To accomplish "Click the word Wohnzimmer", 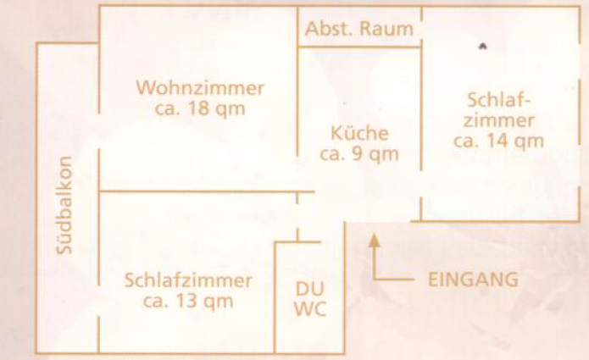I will (200, 88).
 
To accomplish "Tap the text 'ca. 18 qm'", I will (200, 108).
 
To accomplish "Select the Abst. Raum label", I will (359, 28).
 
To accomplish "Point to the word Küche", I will (359, 133).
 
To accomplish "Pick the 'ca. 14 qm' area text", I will (498, 141).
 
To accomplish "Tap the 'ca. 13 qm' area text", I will (187, 301).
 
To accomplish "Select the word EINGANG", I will (472, 279).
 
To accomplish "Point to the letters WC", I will (308, 310).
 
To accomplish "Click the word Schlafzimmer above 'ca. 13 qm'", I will (187, 280).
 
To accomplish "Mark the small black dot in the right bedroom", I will (481, 47).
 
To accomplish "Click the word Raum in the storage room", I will (387, 28).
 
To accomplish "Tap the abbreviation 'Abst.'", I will (331, 28).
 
